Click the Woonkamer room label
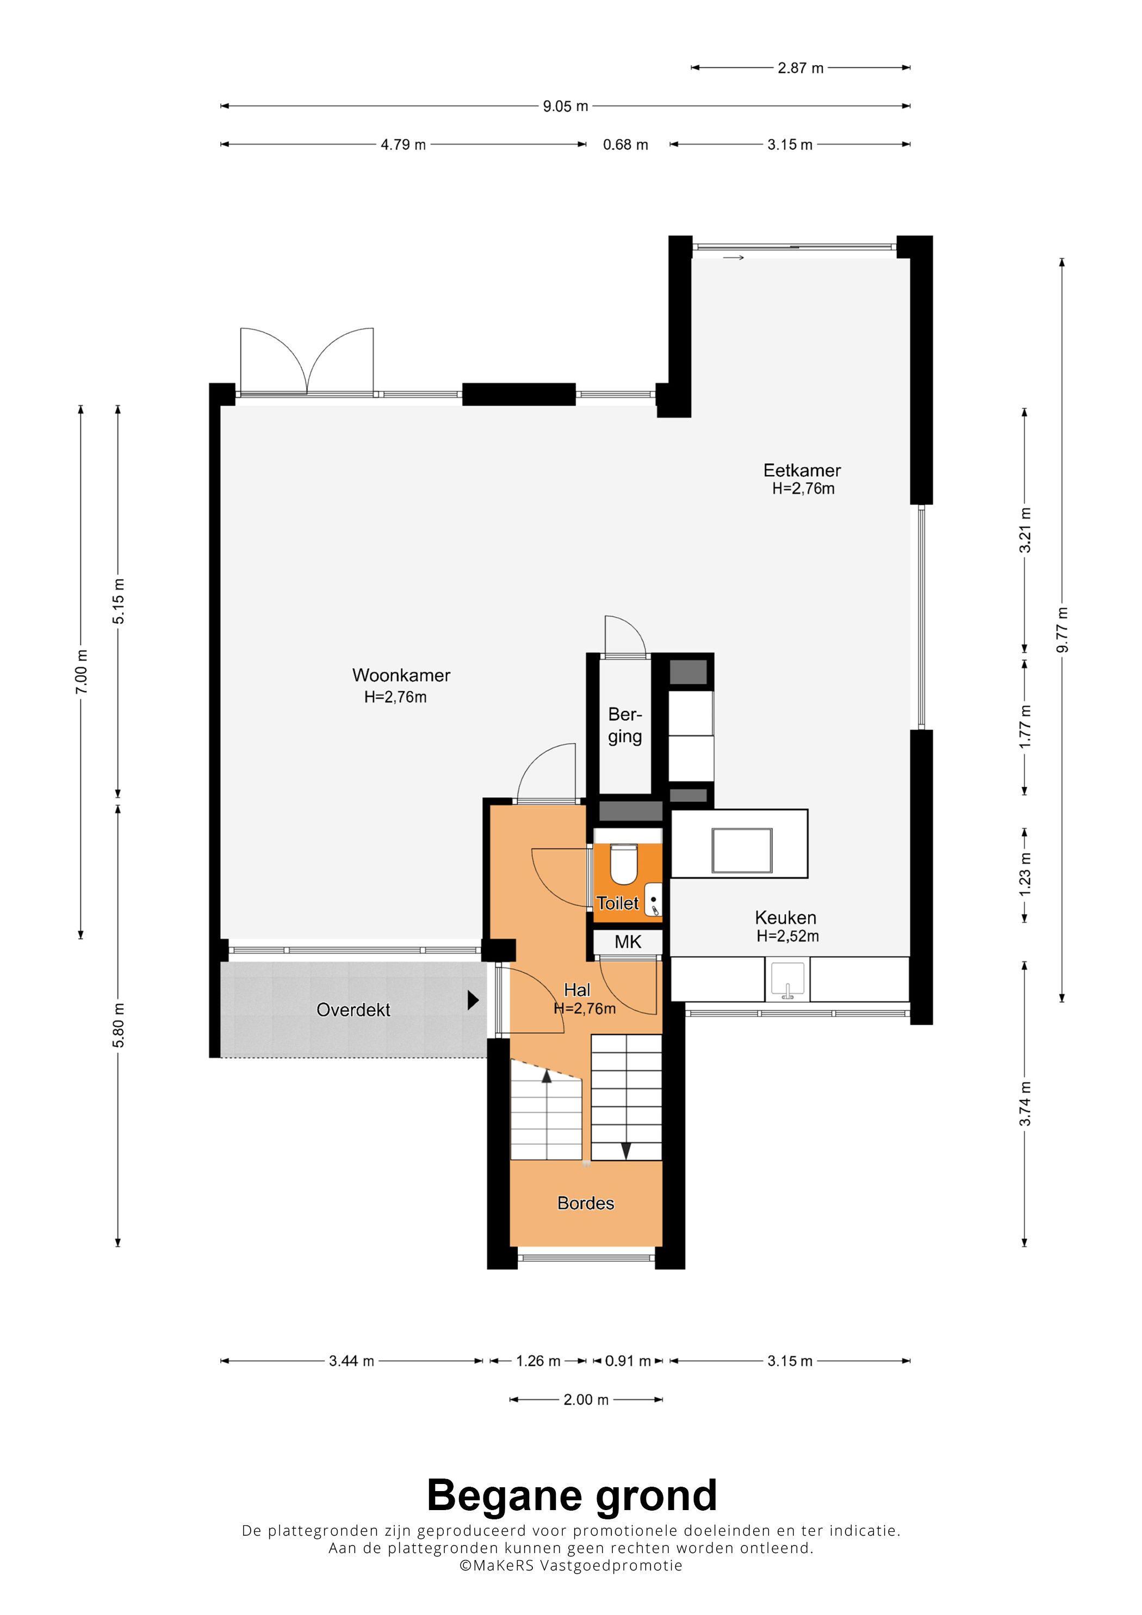coord(401,675)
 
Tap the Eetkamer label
coord(802,471)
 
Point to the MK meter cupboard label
coord(628,942)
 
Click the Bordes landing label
coord(586,1203)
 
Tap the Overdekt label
coord(353,1010)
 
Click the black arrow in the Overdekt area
coord(474,1000)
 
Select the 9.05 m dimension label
coord(565,106)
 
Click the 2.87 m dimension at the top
coord(800,68)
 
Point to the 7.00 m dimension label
coord(82,672)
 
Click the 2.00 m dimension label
coord(586,1400)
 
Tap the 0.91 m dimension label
coord(628,1361)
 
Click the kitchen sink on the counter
coord(787,978)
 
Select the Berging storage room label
coord(625,725)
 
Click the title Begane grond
coord(572,1495)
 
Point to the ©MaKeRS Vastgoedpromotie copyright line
coord(570,1565)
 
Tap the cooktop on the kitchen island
coord(742,850)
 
